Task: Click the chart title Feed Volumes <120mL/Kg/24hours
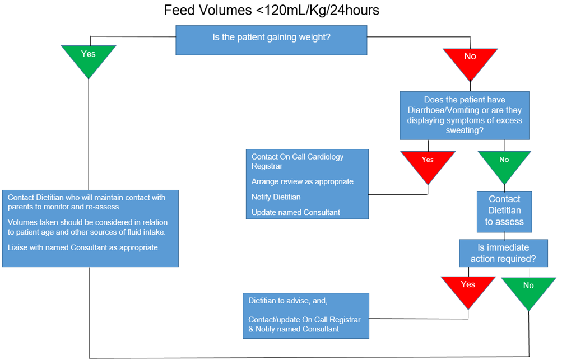pyautogui.click(x=271, y=10)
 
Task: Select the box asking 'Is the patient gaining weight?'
pyautogui.click(x=271, y=39)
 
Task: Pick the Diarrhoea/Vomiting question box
pyautogui.click(x=465, y=115)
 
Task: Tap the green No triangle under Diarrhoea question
pyautogui.click(x=504, y=163)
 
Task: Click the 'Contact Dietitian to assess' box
pyautogui.click(x=504, y=211)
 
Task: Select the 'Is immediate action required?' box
pyautogui.click(x=503, y=253)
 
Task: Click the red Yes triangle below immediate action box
pyautogui.click(x=468, y=288)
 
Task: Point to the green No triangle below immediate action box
pyautogui.click(x=528, y=289)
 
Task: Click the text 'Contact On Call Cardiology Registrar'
pyautogui.click(x=298, y=161)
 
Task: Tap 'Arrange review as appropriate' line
pyautogui.click(x=303, y=181)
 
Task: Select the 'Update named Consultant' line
pyautogui.click(x=295, y=212)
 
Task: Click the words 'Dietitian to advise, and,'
pyautogui.click(x=288, y=301)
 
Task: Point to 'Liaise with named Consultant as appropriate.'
pyautogui.click(x=84, y=247)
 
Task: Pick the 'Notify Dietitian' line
pyautogui.click(x=276, y=197)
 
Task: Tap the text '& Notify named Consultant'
pyautogui.click(x=294, y=329)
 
